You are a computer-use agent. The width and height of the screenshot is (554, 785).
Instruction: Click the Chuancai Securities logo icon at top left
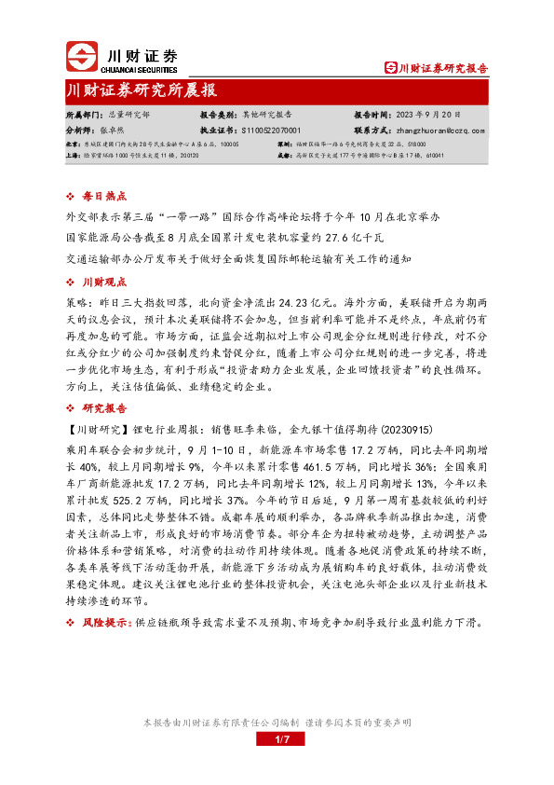click(x=83, y=56)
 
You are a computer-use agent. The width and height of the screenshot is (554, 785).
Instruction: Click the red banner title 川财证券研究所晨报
click(x=142, y=90)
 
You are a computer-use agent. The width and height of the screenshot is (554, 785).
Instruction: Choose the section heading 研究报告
click(x=99, y=407)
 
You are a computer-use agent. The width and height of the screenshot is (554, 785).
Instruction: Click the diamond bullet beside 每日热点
click(x=72, y=197)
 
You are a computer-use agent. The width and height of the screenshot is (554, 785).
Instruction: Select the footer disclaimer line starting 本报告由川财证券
click(x=277, y=723)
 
